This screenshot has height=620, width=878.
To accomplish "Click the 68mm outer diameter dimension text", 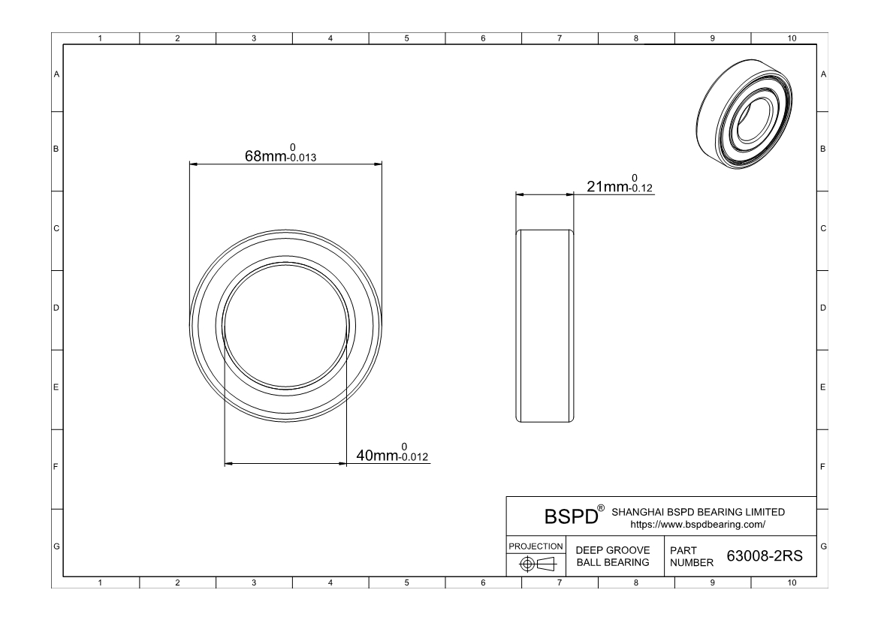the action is point(266,156).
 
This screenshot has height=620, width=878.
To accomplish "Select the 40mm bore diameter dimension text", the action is point(377,456).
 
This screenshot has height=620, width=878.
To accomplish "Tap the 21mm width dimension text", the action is point(608,186).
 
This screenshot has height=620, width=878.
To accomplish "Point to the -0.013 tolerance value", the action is point(303,158).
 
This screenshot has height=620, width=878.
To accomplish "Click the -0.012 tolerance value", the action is point(414,456).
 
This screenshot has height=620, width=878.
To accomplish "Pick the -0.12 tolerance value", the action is point(641,188).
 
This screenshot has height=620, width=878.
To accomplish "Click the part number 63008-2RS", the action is point(765,555).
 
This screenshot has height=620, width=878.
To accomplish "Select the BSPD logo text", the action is point(571,516).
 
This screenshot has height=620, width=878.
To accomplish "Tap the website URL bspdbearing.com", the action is point(698,525).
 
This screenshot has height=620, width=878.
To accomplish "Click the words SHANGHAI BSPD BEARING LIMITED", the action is point(698,512).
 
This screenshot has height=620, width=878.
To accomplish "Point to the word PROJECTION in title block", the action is point(536,546).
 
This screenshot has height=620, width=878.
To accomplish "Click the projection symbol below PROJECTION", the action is point(537,564).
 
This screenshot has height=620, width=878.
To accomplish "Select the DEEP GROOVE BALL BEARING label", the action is point(613,556).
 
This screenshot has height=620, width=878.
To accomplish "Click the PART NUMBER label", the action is point(692,556).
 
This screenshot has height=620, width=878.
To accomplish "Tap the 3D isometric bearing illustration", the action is point(745,114).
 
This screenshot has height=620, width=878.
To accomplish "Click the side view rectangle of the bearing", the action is point(545,326).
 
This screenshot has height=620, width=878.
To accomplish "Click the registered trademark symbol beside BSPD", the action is point(601,508).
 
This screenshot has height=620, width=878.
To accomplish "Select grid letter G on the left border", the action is point(56,546).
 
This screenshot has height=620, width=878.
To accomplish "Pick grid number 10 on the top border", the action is point(791,38).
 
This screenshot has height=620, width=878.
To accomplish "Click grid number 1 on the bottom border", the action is point(100,582).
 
